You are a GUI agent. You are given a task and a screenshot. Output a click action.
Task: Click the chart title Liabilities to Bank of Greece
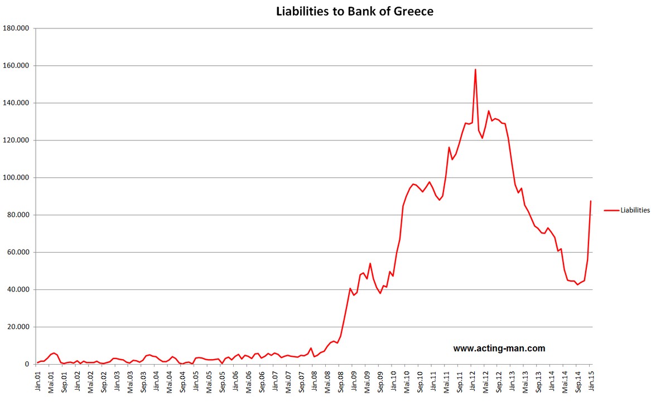point(354,11)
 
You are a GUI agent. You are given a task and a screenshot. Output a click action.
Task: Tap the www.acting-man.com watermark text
point(499,348)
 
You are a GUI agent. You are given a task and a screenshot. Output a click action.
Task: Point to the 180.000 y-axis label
point(16,28)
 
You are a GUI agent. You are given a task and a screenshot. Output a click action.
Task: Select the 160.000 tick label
point(16,66)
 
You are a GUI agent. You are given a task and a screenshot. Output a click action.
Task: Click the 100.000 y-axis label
point(16,178)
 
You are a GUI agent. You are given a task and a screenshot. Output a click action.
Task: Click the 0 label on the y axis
point(26,365)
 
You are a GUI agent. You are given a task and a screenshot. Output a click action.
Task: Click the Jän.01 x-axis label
point(37,381)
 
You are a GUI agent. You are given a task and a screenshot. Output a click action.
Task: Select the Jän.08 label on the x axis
point(315,381)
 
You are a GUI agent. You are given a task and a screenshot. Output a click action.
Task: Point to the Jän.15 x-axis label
point(591,381)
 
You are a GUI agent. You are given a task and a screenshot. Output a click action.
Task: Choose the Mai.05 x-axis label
point(209,381)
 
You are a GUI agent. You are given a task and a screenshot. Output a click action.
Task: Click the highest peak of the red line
point(475,69)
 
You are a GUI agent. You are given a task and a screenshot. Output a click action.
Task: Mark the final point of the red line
point(591,201)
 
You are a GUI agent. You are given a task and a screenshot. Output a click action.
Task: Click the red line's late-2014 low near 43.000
point(577,284)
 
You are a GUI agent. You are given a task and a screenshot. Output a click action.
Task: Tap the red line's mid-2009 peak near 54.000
point(370,263)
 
